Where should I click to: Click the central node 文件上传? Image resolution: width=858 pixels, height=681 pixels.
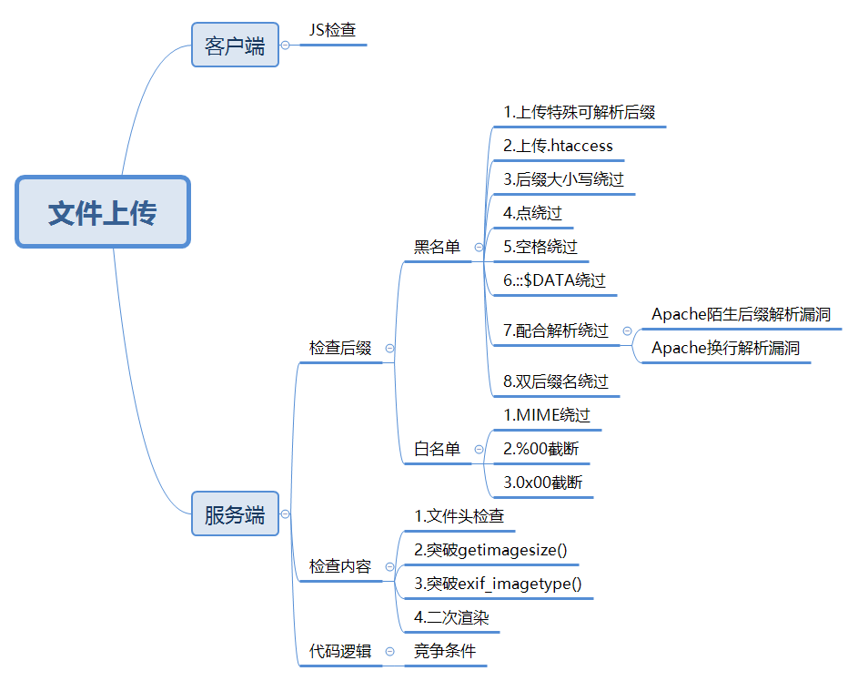(102, 212)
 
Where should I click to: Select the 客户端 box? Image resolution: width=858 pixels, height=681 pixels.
(235, 46)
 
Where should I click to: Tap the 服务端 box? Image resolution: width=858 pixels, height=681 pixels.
(235, 514)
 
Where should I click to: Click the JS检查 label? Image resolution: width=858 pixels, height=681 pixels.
(332, 30)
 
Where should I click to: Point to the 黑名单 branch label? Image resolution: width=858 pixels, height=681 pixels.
(437, 247)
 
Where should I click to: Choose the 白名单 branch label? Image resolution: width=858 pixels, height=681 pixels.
(437, 449)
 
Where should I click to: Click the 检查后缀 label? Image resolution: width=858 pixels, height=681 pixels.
(340, 348)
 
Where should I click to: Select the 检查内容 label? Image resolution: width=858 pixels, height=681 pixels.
(340, 566)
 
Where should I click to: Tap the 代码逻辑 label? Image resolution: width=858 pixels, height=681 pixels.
(340, 651)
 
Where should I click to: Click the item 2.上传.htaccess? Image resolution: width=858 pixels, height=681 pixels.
(558, 146)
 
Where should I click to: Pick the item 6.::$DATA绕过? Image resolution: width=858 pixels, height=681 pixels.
(554, 280)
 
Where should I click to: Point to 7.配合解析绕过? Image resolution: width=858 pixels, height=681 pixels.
(555, 330)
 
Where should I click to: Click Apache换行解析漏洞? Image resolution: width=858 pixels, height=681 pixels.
(726, 348)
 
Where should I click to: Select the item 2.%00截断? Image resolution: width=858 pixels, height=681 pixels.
(540, 449)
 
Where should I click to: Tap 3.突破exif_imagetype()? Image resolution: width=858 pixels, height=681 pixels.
(498, 584)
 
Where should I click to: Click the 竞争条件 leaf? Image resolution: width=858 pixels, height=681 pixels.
(445, 651)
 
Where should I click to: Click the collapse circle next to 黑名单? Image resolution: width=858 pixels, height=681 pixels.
(479, 247)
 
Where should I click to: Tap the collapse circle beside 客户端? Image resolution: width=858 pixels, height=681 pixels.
(286, 45)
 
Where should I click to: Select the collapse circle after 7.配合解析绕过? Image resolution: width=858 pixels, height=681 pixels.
(627, 331)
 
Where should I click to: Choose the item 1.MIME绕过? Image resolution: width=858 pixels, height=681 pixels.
(547, 415)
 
